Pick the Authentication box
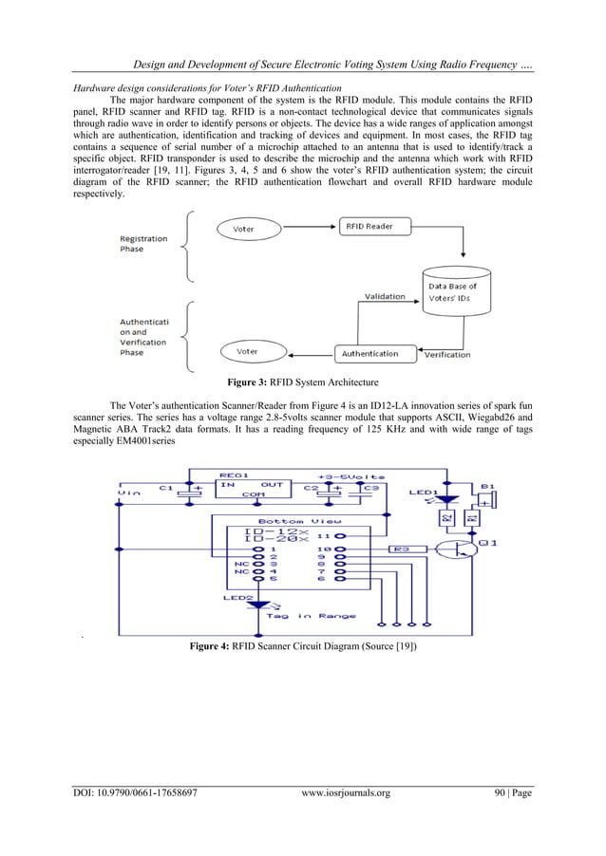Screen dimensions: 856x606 [x=369, y=353]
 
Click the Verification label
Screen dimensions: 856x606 [x=446, y=355]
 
